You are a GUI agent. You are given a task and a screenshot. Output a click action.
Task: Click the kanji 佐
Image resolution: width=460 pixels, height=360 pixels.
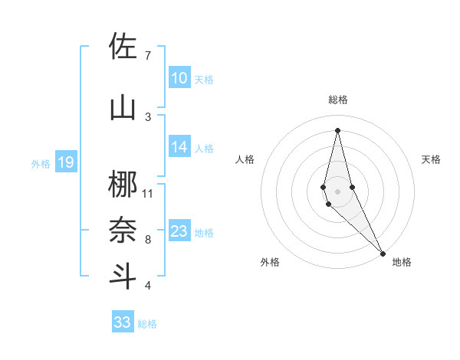(123, 47)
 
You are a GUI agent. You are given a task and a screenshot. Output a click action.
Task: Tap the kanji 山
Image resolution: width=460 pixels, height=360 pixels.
(123, 108)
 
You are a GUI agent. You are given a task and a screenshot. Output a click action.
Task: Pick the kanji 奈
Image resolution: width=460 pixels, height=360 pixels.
(123, 231)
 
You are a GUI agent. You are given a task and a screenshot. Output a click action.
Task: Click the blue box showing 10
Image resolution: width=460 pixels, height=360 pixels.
(179, 78)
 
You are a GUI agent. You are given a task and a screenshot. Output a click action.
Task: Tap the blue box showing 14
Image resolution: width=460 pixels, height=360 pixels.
(179, 148)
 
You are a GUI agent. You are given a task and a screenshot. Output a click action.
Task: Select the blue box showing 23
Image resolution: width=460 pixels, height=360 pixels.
(179, 231)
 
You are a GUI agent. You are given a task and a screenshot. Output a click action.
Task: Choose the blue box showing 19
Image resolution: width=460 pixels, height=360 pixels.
(65, 162)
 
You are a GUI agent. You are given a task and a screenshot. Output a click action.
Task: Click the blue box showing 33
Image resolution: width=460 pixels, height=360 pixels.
(122, 322)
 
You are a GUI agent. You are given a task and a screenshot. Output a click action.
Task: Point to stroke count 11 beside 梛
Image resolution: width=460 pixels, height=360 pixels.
(148, 193)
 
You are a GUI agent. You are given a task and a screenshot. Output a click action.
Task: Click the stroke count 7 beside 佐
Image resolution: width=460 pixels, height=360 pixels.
(148, 55)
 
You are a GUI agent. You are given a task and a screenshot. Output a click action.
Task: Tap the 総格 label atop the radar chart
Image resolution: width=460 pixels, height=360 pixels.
(337, 100)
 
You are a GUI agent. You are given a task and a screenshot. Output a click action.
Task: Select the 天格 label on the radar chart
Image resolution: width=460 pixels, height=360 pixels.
(431, 159)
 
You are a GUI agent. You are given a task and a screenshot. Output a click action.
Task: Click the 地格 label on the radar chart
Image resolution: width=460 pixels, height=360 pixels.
(402, 262)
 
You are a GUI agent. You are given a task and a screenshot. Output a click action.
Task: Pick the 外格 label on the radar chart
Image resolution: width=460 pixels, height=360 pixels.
(270, 262)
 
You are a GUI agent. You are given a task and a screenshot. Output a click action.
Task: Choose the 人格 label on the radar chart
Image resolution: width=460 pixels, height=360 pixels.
(244, 159)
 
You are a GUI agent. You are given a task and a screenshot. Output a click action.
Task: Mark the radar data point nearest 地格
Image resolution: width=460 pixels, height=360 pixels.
(383, 253)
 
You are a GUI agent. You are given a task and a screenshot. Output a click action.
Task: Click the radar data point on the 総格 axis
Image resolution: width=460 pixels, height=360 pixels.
(337, 129)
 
